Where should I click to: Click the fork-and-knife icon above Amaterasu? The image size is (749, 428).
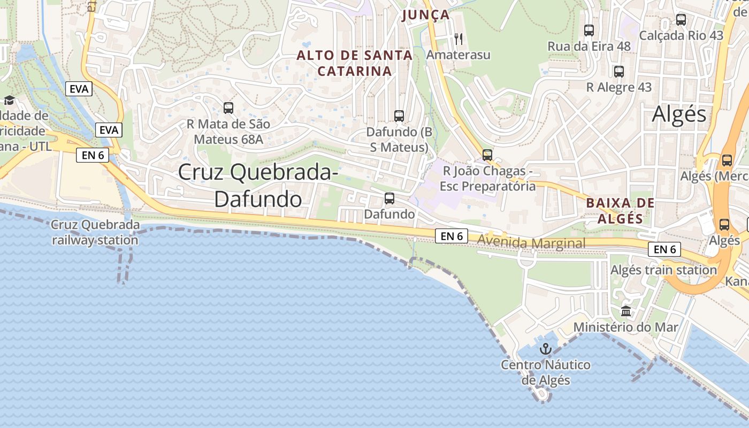(x=458, y=39)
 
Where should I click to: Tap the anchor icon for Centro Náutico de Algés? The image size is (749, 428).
(x=546, y=349)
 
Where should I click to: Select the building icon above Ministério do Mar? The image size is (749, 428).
(x=626, y=311)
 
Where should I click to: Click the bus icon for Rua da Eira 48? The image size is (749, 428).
(x=589, y=30)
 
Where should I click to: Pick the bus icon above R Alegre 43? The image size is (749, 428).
(x=619, y=71)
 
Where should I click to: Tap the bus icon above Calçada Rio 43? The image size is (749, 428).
(x=681, y=20)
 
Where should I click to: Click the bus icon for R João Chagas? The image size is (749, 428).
(x=487, y=155)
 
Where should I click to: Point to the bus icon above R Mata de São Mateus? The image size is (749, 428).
(x=228, y=108)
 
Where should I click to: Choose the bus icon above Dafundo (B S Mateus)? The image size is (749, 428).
(x=399, y=116)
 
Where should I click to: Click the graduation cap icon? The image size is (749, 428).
(x=9, y=100)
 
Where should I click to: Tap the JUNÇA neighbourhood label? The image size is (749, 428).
(x=426, y=15)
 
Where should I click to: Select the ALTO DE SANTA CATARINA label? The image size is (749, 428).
(x=355, y=63)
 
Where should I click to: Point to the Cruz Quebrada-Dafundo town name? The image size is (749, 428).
(x=258, y=185)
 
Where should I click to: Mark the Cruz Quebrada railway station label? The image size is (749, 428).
(x=95, y=232)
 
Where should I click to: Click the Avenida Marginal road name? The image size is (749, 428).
(x=531, y=243)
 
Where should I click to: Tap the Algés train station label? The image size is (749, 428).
(x=663, y=270)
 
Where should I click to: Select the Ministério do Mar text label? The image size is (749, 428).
(x=626, y=327)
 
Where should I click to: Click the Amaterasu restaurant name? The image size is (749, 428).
(x=458, y=55)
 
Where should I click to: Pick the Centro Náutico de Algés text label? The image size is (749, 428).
(x=546, y=373)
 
